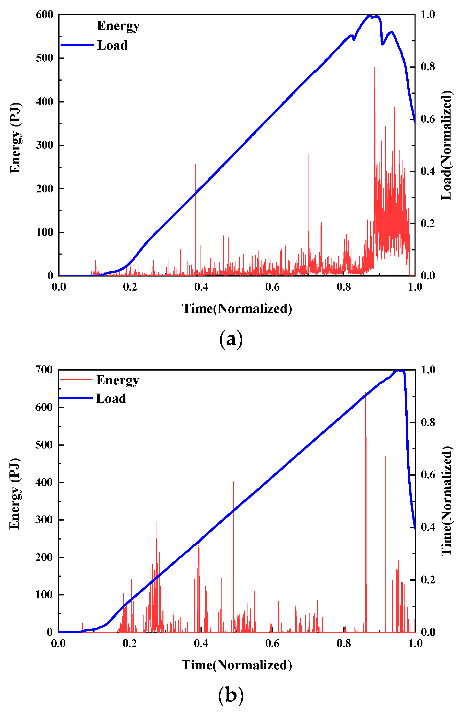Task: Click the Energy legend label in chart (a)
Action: [x=118, y=26]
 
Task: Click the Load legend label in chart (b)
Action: [x=111, y=398]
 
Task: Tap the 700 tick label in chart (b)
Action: [x=44, y=370]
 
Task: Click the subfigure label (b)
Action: [x=231, y=695]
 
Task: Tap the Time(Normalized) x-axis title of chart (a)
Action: [x=237, y=308]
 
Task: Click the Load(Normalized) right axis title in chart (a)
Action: [x=447, y=145]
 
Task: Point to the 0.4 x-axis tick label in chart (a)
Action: [x=201, y=287]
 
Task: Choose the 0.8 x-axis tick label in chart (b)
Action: [x=344, y=643]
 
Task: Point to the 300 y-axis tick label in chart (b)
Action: [x=44, y=520]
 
